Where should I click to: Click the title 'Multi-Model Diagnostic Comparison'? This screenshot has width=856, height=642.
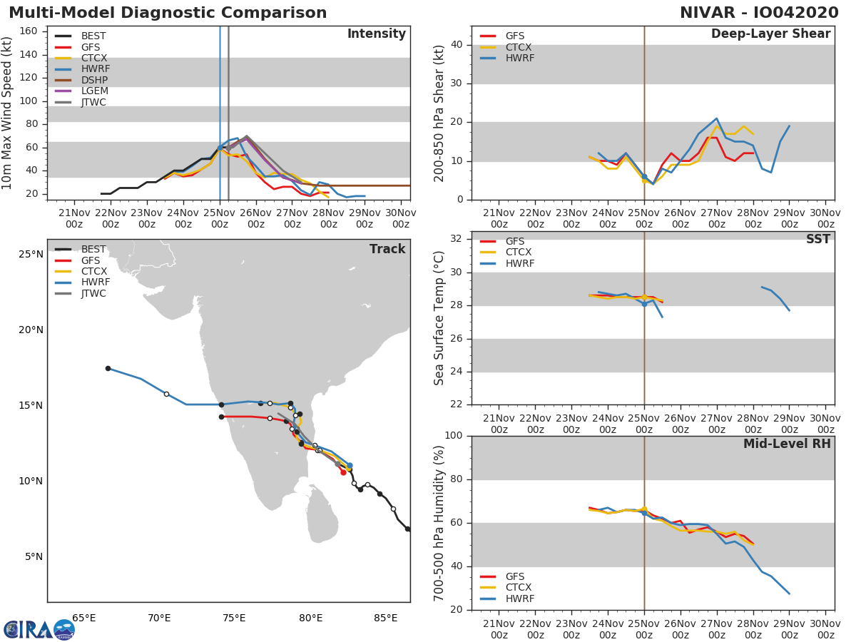[x=168, y=13]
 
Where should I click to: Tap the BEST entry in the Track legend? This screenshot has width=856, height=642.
[x=93, y=249]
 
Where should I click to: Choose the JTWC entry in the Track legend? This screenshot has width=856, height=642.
[x=93, y=293]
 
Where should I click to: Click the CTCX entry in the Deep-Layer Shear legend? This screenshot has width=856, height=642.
[x=518, y=47]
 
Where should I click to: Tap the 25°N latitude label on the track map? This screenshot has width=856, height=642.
[x=31, y=255]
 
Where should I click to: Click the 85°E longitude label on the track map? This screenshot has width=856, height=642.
[x=385, y=618]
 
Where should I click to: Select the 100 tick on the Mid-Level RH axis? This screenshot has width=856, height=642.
[x=452, y=436]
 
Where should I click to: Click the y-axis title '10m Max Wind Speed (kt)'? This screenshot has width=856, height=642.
[x=8, y=114]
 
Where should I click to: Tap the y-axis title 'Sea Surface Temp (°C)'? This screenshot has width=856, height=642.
[x=439, y=318]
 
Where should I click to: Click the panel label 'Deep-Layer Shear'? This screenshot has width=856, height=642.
[x=770, y=34]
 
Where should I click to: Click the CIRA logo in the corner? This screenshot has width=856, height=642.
[x=39, y=629]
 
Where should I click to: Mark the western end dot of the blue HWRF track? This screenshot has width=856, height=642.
[x=108, y=368]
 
